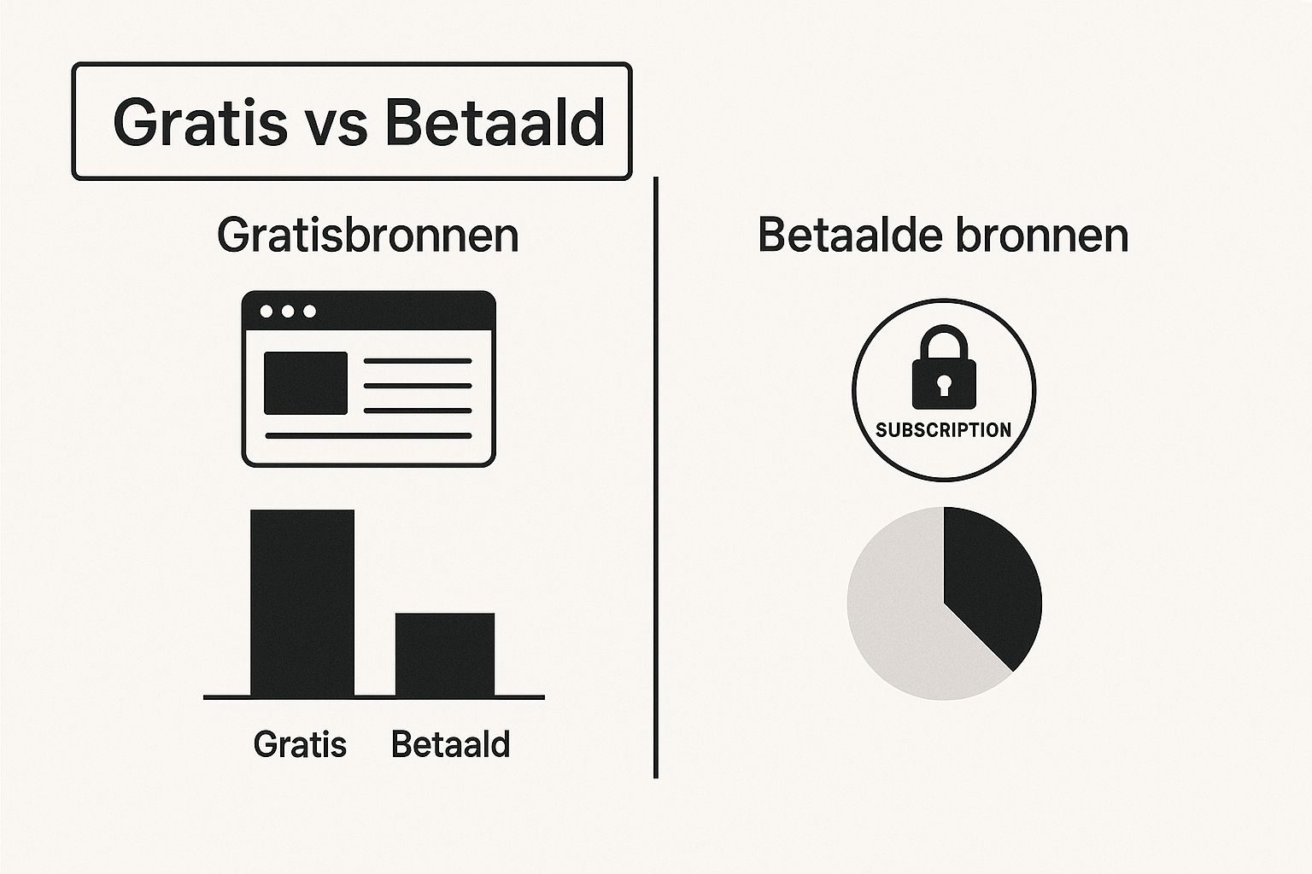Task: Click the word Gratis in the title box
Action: coord(201,122)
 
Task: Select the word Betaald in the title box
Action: coord(495,122)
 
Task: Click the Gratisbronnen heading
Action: coord(368,236)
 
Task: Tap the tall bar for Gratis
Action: coord(302,603)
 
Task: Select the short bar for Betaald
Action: coord(445,655)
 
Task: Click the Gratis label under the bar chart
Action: coord(300,744)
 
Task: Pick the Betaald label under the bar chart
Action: coord(450,744)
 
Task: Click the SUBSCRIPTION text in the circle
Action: coord(944,430)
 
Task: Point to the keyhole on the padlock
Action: coord(944,386)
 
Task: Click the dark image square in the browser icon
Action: coord(306,383)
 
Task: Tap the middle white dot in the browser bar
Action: coord(288,312)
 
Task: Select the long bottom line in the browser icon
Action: coord(368,435)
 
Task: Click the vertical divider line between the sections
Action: coord(655,478)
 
